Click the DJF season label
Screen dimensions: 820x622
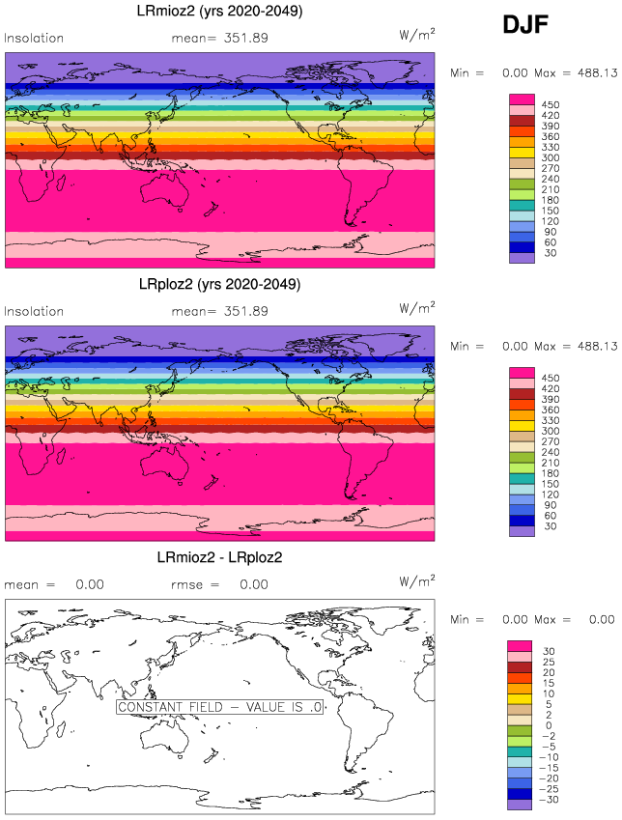tap(525, 26)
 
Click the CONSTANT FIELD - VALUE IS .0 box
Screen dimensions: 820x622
tap(220, 707)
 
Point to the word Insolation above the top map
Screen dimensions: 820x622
tap(35, 39)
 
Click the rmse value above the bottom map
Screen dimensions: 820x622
tap(254, 584)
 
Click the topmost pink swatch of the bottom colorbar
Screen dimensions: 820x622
tap(522, 644)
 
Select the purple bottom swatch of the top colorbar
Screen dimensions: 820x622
tap(522, 258)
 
